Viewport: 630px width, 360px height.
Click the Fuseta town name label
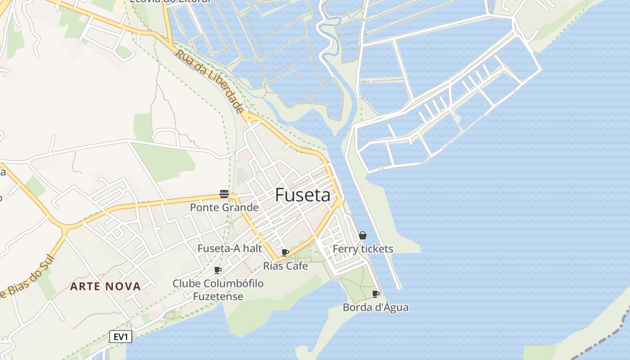tap(302, 195)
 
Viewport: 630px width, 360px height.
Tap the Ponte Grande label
tap(224, 207)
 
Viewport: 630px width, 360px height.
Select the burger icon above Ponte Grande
tap(224, 194)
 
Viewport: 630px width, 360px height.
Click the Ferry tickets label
tap(363, 249)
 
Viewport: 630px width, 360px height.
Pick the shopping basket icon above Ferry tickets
tap(363, 235)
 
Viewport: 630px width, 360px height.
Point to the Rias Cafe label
tap(285, 266)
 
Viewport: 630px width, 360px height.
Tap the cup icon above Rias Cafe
tap(285, 252)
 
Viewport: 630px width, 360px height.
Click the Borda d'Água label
tap(376, 308)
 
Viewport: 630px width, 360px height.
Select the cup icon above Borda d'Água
tap(376, 294)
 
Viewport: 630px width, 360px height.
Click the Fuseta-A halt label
tap(229, 248)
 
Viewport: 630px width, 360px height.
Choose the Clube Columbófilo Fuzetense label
tap(218, 290)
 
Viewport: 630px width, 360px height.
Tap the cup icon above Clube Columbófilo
tap(218, 270)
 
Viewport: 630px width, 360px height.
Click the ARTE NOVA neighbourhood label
tap(105, 286)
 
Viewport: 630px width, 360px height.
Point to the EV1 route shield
tap(121, 337)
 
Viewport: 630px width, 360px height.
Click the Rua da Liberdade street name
tap(210, 81)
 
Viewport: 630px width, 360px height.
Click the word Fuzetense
tap(218, 297)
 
